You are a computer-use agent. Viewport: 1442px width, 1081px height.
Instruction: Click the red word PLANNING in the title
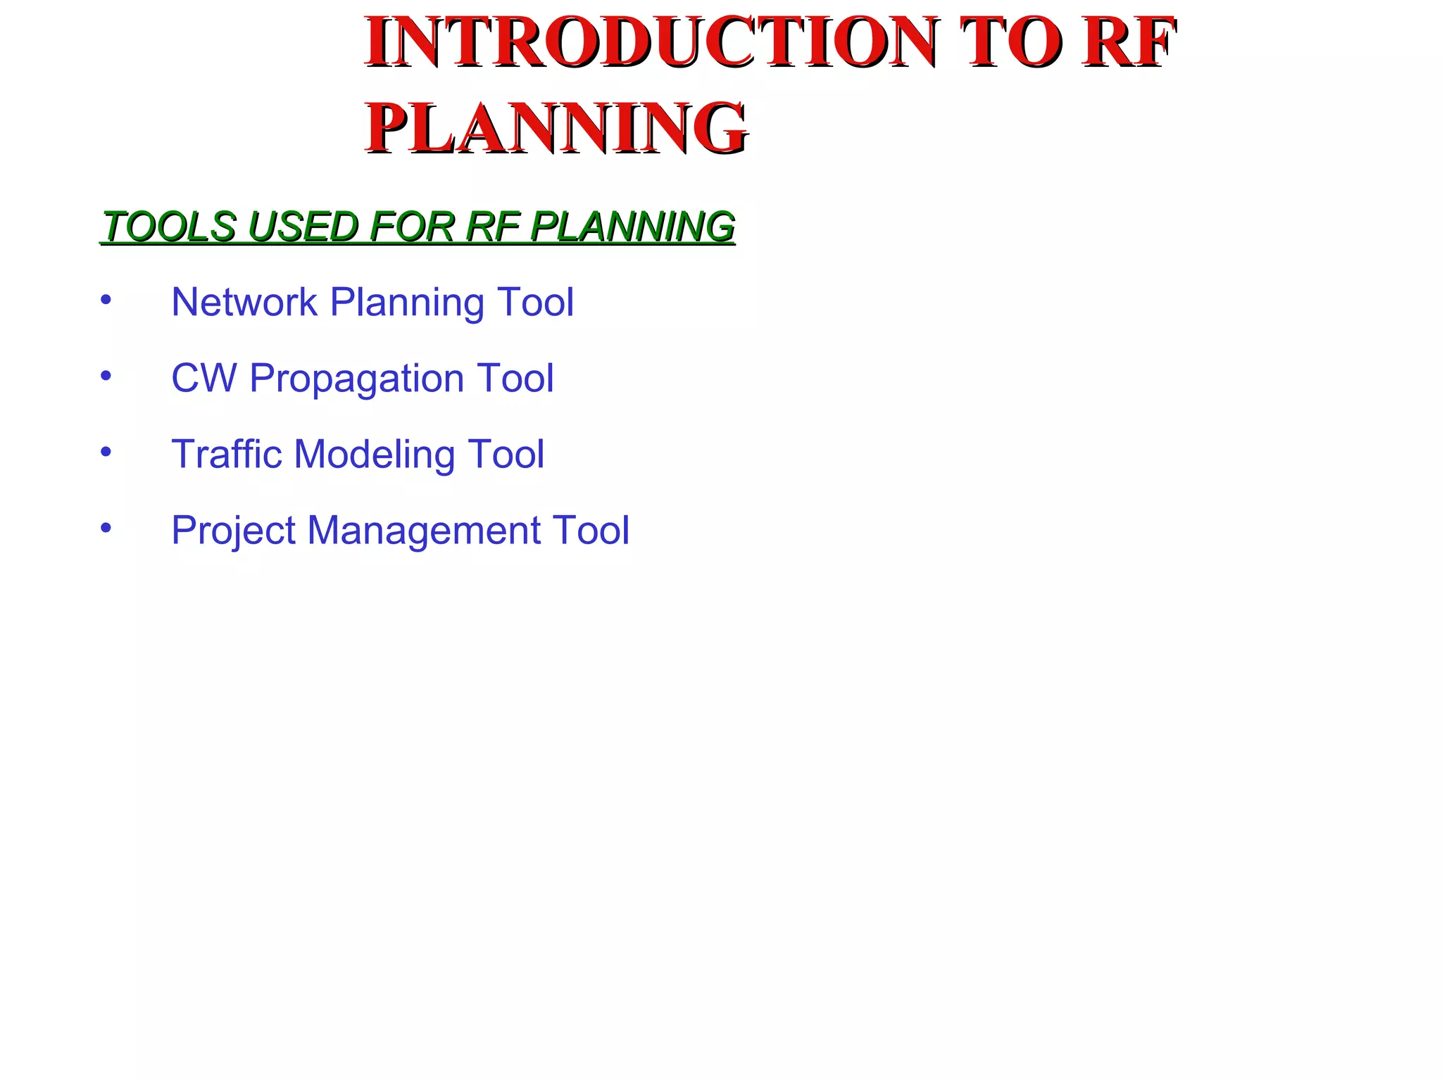[x=556, y=128]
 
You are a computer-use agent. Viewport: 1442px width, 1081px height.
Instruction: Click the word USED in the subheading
[x=303, y=227]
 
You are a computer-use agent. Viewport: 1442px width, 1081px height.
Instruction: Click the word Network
[x=244, y=302]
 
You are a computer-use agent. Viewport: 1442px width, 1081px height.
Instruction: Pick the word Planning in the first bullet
[x=407, y=303]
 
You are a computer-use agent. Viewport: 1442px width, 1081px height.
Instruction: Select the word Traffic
[x=227, y=454]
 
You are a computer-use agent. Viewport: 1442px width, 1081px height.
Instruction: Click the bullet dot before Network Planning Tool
[x=106, y=301]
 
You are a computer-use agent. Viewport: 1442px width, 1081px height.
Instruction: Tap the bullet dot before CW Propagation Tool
[x=106, y=377]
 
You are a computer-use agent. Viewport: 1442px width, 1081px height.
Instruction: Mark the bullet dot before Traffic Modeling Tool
[x=106, y=453]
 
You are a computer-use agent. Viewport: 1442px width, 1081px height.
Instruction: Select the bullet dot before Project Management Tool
[x=106, y=528]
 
